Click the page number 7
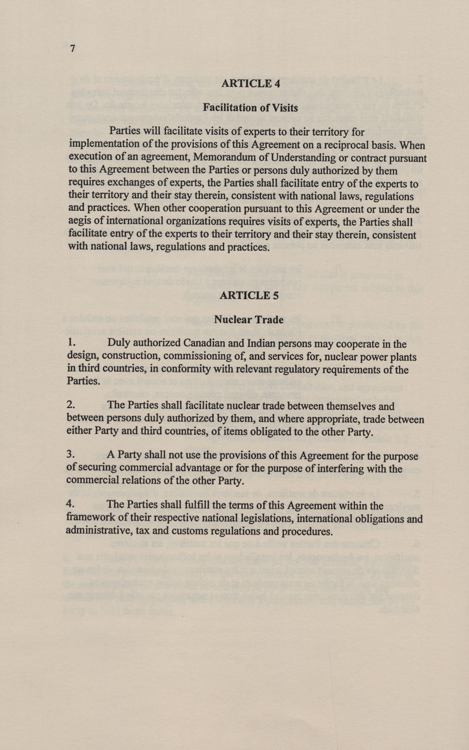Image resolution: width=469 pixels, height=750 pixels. click(x=73, y=49)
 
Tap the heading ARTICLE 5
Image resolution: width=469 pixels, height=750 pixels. click(x=249, y=295)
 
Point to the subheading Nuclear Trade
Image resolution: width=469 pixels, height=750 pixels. click(x=249, y=320)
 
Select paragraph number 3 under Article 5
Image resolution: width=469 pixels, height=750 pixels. click(x=70, y=455)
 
